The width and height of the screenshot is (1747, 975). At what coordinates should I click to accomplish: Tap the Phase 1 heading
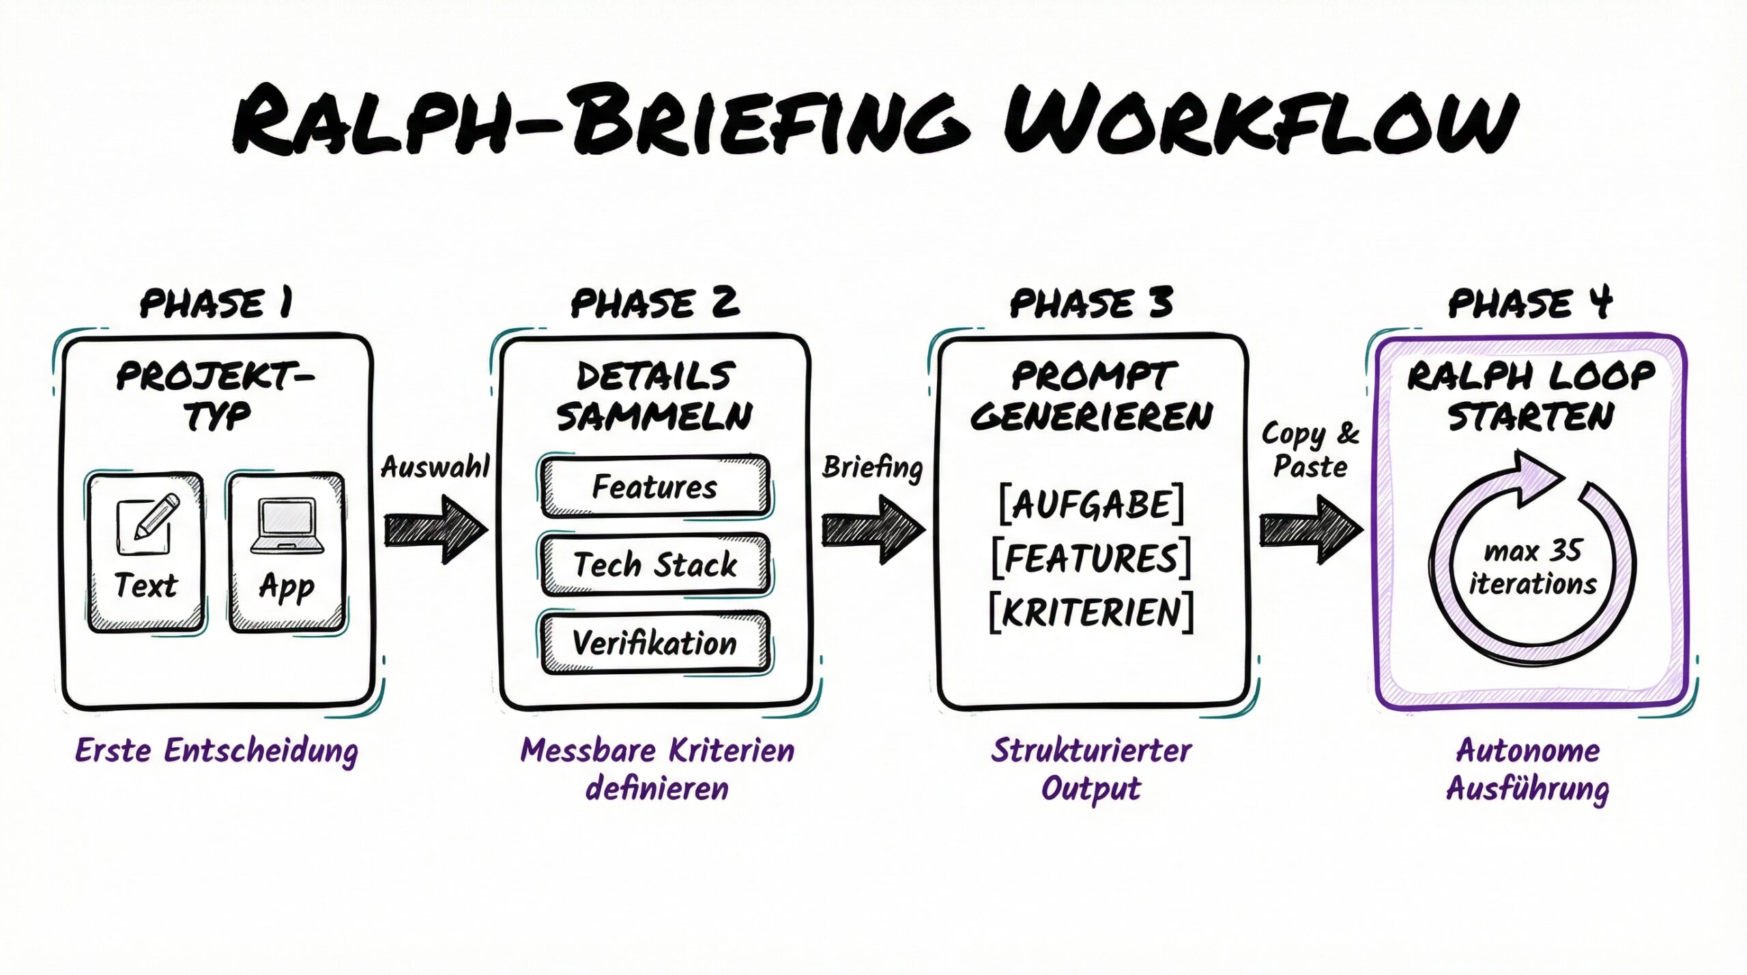click(216, 303)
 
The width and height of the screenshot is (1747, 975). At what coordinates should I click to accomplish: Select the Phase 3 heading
click(1091, 303)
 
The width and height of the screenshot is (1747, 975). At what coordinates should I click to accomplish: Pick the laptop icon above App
click(287, 527)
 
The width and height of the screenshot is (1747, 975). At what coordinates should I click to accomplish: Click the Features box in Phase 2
click(655, 487)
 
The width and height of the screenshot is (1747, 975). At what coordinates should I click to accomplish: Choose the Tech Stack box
click(655, 565)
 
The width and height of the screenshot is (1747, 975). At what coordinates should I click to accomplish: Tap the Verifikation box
click(655, 643)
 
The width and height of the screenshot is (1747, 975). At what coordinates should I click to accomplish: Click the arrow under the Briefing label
click(872, 529)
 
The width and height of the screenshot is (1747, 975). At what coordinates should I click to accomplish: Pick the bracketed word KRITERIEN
click(1091, 612)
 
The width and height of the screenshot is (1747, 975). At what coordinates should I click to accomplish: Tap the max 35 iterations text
click(1533, 568)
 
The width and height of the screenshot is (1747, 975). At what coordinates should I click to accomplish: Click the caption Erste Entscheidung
click(216, 751)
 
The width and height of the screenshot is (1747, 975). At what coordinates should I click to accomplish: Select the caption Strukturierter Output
click(1091, 769)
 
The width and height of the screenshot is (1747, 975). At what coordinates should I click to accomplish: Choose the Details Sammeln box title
click(655, 396)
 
